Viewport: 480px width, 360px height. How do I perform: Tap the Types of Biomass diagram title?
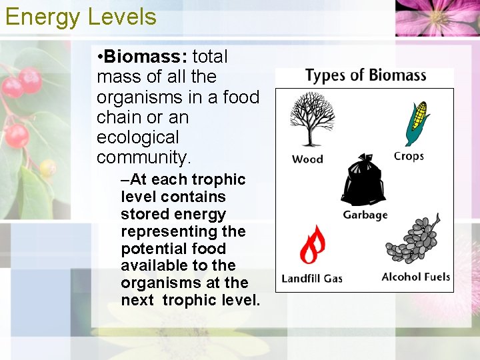coord(365,75)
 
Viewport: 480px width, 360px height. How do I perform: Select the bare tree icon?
coord(308,119)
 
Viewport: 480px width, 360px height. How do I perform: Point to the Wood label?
coord(307,159)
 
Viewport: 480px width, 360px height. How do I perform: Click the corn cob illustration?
coord(417,123)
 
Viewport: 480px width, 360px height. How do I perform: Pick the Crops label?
coord(409,156)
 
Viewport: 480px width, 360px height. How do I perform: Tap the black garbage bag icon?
coord(363,181)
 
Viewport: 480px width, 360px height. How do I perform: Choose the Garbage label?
coord(365,215)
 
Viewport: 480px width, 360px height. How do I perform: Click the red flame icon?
coord(311,245)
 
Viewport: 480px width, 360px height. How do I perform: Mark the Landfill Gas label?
coord(312,278)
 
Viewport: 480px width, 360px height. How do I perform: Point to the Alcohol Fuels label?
coord(415,277)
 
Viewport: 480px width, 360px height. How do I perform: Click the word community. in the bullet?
coord(143,157)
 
